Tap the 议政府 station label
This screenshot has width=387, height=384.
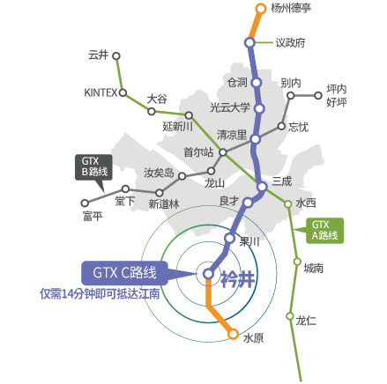pos(290,41)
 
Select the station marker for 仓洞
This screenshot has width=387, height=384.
pos(257,83)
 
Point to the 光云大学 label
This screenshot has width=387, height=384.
pos(230,107)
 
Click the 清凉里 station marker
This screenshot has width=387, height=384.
pos(256,138)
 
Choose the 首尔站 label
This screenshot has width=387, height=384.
pos(198,151)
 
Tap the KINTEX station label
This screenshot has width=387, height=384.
pos(100,92)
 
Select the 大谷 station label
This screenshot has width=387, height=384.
pos(158,99)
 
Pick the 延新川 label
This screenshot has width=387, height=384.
pos(178,126)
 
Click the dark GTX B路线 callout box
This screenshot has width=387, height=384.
pos(91,166)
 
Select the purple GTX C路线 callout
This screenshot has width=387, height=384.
pos(125,272)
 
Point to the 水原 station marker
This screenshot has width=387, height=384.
pos(233,334)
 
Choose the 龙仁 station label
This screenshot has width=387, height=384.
pos(307,321)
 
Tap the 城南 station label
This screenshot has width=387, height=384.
pos(313,268)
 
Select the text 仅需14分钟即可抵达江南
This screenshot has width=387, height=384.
pos(100,293)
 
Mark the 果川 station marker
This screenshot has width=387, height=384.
pos(229,239)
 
